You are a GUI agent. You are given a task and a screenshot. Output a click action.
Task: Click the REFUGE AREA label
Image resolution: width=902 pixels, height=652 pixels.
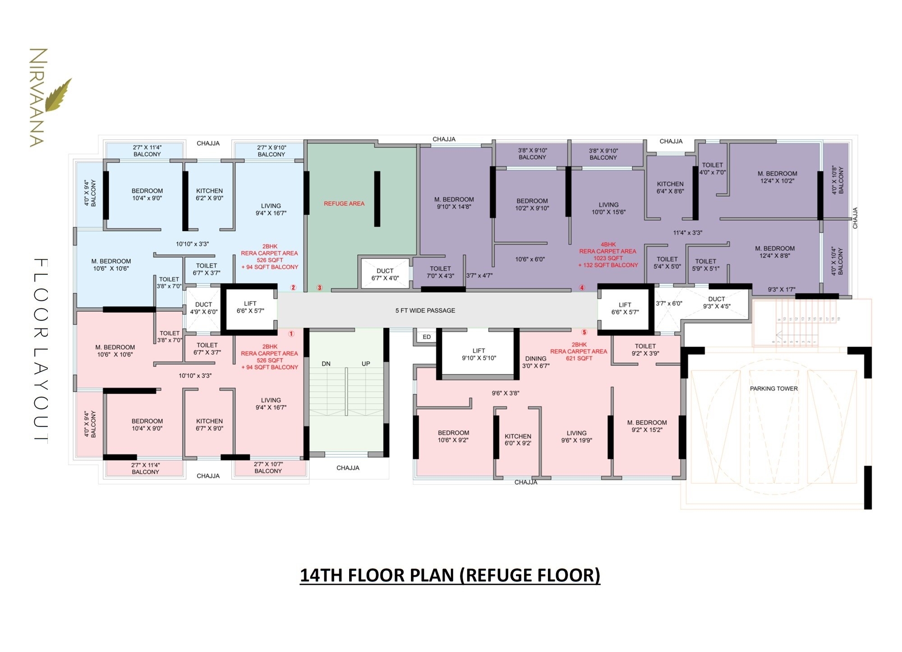[x=344, y=203]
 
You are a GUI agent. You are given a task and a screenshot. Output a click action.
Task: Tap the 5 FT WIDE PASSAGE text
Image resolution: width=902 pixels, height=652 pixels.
[x=425, y=310]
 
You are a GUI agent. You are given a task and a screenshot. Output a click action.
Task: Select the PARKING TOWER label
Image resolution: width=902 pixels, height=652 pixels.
[x=774, y=388]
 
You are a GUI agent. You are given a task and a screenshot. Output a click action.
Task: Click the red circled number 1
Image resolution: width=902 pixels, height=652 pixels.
[x=291, y=334]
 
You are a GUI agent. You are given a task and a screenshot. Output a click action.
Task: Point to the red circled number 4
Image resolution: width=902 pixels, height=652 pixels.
[x=582, y=287]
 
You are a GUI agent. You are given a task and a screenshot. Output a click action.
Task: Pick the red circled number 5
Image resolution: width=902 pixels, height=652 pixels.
[x=584, y=333]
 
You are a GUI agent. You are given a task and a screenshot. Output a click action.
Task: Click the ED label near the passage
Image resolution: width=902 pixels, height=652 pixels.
[x=427, y=337]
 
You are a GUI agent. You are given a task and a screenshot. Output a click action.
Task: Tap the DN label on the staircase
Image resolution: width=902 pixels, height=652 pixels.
[x=326, y=364]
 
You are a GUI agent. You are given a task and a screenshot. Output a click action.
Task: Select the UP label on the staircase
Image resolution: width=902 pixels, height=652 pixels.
[x=366, y=364]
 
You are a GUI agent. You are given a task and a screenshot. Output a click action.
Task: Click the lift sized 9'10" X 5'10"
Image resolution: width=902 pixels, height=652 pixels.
[x=479, y=354]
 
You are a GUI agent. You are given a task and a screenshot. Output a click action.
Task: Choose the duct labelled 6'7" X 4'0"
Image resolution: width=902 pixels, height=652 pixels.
[x=385, y=274]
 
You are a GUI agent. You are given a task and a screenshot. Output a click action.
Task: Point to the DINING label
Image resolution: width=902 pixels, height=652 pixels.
[x=535, y=359]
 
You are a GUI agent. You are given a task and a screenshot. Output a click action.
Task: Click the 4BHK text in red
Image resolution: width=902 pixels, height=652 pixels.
[x=608, y=245]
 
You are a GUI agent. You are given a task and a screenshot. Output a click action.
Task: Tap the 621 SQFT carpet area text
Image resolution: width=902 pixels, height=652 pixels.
[x=579, y=358]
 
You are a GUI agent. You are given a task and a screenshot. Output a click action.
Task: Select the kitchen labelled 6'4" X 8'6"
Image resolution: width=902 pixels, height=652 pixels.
[x=670, y=187]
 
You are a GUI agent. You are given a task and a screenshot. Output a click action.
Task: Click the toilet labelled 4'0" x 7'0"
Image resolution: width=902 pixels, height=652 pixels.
[x=712, y=168]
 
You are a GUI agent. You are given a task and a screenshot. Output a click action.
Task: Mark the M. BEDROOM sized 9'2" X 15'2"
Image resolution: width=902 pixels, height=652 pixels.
[x=647, y=426]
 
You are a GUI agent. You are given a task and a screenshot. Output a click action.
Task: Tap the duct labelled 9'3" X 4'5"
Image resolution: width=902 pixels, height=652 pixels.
[x=716, y=302]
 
